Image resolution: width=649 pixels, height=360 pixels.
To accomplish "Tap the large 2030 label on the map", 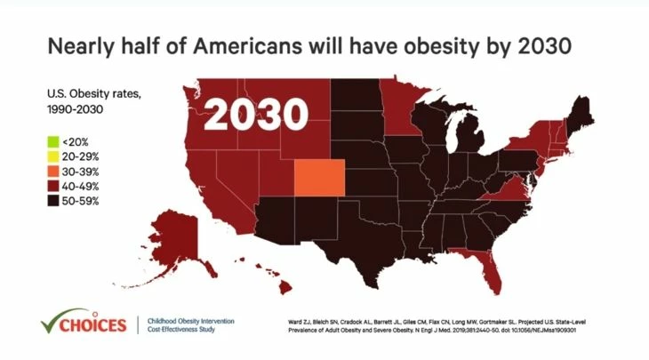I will tap(257, 114).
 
